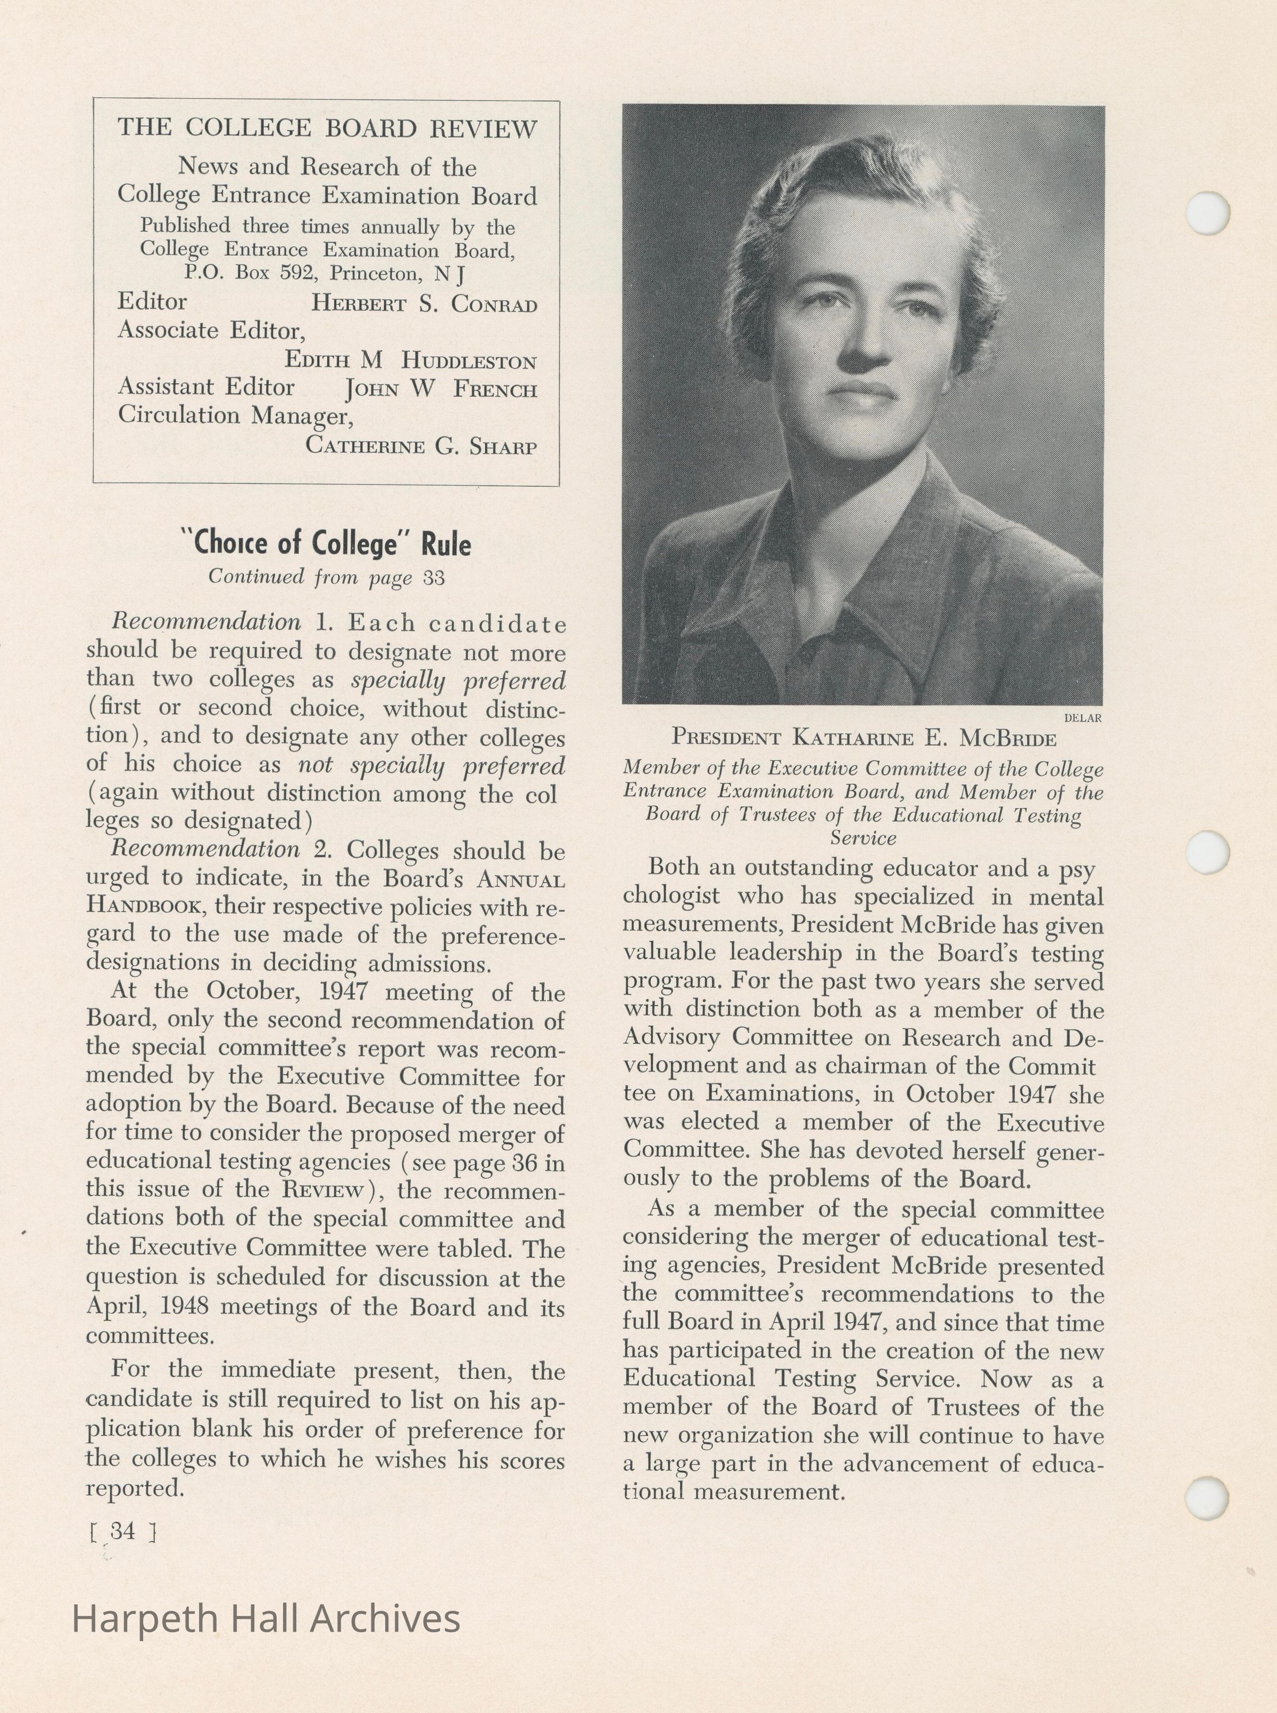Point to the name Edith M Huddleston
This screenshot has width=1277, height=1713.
410,360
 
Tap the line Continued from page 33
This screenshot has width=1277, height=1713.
326,578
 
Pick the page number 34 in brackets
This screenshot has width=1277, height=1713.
123,1530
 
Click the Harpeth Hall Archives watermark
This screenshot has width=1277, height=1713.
266,1619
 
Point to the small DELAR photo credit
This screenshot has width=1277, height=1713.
1082,718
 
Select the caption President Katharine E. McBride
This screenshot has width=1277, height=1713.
864,738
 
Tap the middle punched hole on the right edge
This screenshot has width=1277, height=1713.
1207,852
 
